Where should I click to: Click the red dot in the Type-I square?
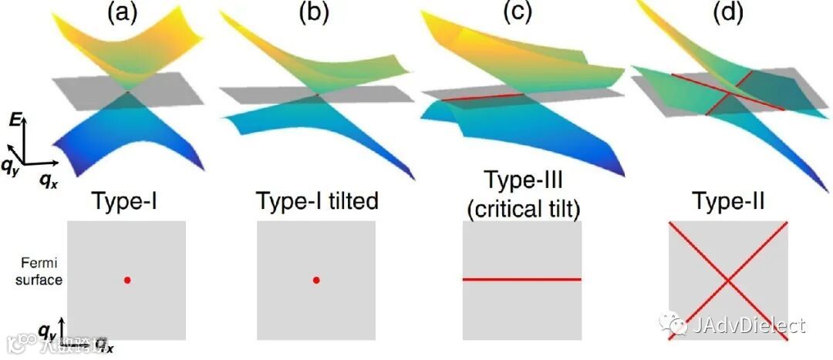pos(126,281)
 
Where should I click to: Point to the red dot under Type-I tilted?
pos(315,281)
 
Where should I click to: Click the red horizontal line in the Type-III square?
pos(521,279)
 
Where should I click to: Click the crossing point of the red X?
pos(727,281)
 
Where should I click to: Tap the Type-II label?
pos(727,202)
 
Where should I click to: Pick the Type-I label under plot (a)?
pos(126,202)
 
